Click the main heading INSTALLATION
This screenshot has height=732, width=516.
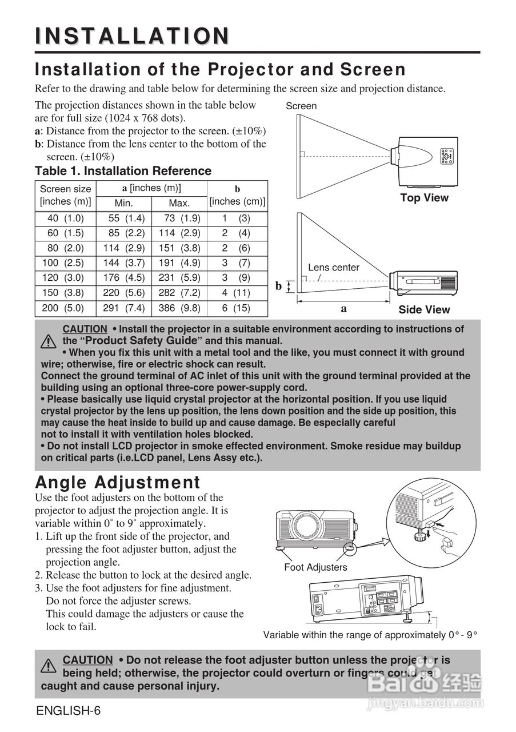point(133,35)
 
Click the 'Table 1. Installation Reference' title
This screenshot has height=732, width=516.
point(123,171)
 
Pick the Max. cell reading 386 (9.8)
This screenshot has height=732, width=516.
point(179,308)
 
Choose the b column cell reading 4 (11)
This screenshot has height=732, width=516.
point(236,293)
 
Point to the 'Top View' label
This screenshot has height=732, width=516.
point(424,198)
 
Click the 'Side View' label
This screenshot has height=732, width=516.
point(424,310)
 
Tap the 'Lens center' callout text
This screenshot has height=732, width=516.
point(334,267)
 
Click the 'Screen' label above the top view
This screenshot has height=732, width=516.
point(301,106)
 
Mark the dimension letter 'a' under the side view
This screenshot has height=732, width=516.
point(343,308)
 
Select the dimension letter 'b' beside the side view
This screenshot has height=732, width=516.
point(279,286)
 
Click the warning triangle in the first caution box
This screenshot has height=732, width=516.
point(48,341)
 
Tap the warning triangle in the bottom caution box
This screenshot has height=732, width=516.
point(48,666)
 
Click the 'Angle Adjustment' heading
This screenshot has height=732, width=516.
point(118,482)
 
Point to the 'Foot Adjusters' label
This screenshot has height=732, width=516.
point(315,567)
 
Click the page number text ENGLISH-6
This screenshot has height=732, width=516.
point(68,711)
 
